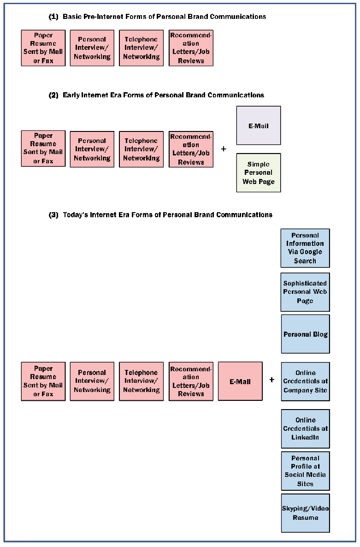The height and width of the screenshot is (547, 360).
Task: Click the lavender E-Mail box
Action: pos(258,125)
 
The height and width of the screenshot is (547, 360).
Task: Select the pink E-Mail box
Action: pos(240,381)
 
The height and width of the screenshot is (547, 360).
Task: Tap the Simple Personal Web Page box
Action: pos(258,173)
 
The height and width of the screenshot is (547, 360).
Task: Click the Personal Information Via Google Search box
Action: pos(305,248)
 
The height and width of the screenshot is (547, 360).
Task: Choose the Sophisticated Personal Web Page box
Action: pos(305,292)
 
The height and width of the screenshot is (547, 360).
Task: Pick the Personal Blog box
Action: pos(305,334)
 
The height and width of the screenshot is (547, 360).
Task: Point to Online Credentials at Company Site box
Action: pos(305,381)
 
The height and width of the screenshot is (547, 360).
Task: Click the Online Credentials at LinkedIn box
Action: pos(305,428)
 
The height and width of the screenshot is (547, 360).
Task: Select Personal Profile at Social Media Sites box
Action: pos(305,471)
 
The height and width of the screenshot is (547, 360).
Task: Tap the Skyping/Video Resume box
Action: pos(305,513)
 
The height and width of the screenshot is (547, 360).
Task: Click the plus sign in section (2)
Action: pos(224,149)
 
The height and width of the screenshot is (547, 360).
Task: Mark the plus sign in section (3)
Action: pos(272,380)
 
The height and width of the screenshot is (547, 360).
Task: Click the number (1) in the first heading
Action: pos(53,17)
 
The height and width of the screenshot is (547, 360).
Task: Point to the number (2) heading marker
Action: pos(53,95)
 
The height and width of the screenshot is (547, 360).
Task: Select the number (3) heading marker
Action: pos(53,214)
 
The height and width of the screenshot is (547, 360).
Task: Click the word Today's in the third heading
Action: pos(76,214)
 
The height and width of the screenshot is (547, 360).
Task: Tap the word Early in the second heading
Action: pos(71,95)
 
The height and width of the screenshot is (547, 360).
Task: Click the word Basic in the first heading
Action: pos(71,17)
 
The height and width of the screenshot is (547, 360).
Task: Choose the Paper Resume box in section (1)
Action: pos(43,48)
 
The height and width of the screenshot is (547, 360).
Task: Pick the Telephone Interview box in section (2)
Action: pos(141,149)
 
